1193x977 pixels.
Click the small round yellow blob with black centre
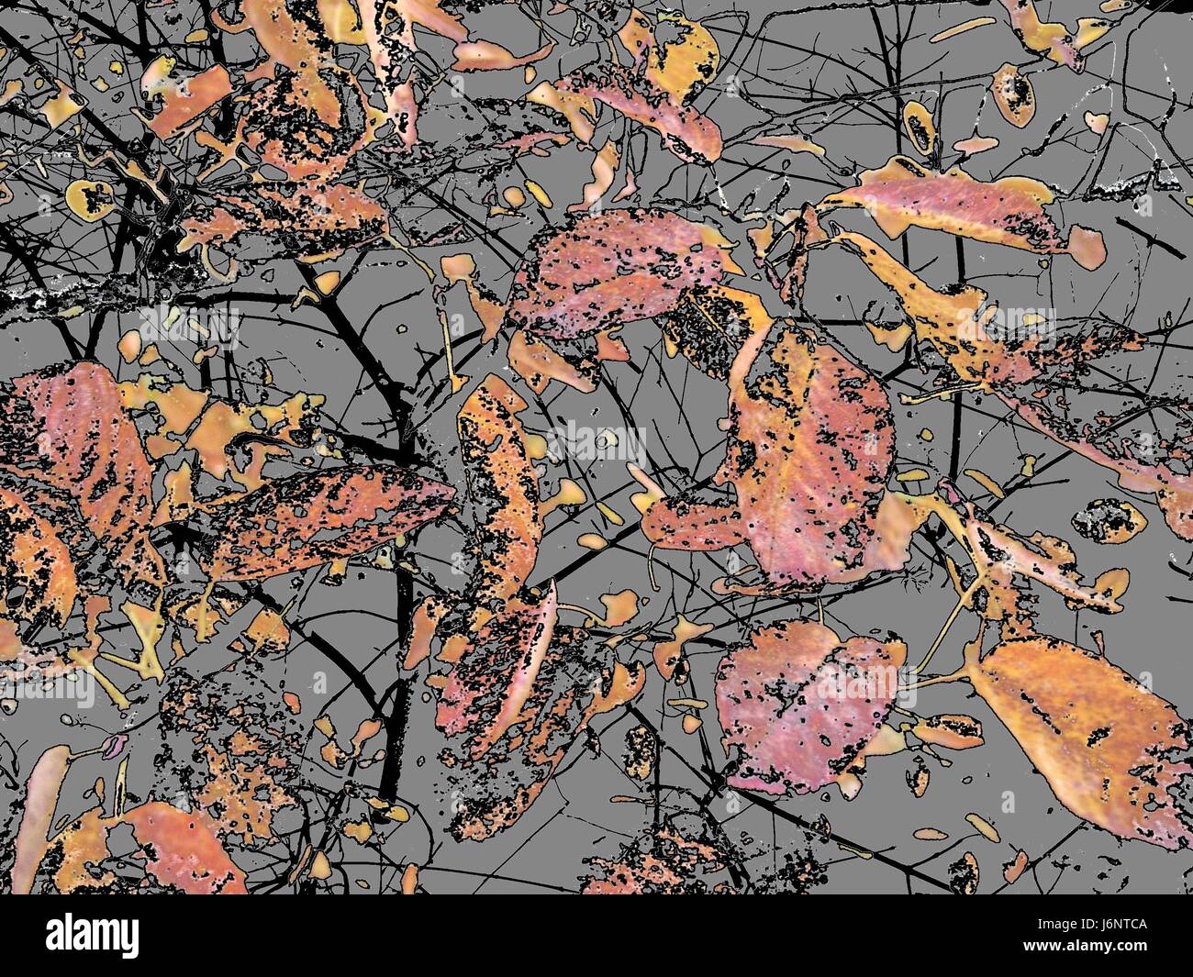90,195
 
